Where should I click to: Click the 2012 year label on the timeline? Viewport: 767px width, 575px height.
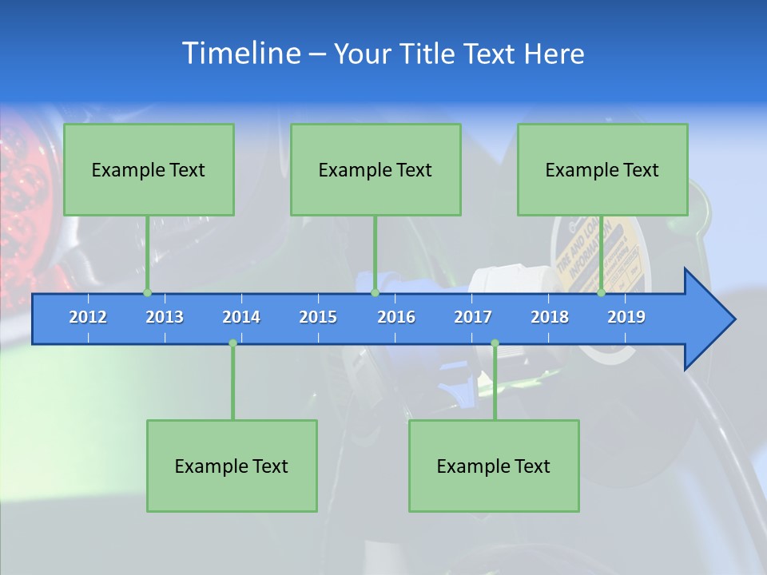[88, 317]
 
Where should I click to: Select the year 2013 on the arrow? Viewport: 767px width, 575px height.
[165, 317]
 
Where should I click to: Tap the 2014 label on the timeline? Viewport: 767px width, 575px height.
[241, 317]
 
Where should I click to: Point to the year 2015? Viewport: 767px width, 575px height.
[318, 317]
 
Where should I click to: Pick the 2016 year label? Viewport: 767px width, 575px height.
[396, 317]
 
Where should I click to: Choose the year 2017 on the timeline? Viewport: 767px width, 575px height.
[473, 317]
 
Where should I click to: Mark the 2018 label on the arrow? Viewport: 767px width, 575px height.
[550, 317]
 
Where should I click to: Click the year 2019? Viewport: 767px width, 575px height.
[626, 317]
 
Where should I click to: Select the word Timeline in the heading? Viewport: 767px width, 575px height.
[240, 54]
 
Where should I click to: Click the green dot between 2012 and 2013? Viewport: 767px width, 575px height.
[148, 293]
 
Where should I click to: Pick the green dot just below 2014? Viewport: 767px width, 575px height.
[232, 343]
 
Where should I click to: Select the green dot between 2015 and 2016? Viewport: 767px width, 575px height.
[375, 293]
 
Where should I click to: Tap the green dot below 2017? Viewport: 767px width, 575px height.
[495, 343]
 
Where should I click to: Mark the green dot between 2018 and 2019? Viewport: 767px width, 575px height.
[602, 293]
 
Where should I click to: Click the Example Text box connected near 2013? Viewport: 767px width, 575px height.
[149, 169]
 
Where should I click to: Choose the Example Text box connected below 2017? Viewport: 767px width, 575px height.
[494, 466]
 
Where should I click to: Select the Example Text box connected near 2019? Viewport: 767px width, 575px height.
[602, 169]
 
